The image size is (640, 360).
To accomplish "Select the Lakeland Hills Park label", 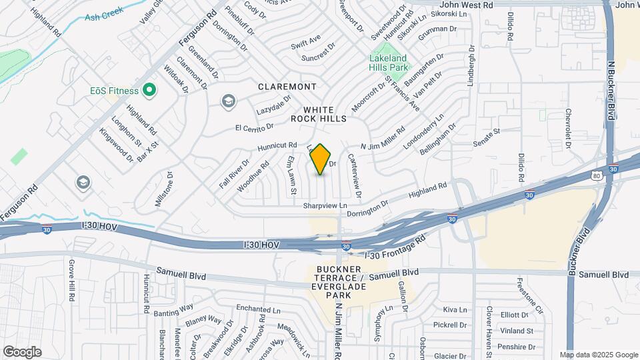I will coord(389,63).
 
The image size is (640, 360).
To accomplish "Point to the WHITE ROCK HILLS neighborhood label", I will coord(318,114).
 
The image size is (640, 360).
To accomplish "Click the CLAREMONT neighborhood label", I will coord(287,87).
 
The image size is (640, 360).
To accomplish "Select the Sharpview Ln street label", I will coord(325,206).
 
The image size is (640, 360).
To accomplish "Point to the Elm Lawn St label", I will coord(291,176).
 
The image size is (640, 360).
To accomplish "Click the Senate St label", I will coord(486,135).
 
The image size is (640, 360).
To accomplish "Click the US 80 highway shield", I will coord(596,175).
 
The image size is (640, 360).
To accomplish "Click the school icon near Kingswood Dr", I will coord(83,182).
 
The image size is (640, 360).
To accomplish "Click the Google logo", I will coord(22,351).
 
